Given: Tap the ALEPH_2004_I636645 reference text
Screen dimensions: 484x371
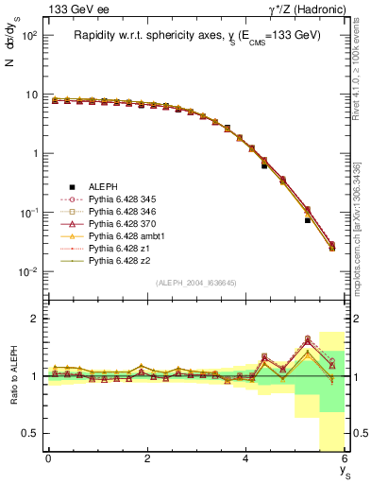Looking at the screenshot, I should point(196,282).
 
